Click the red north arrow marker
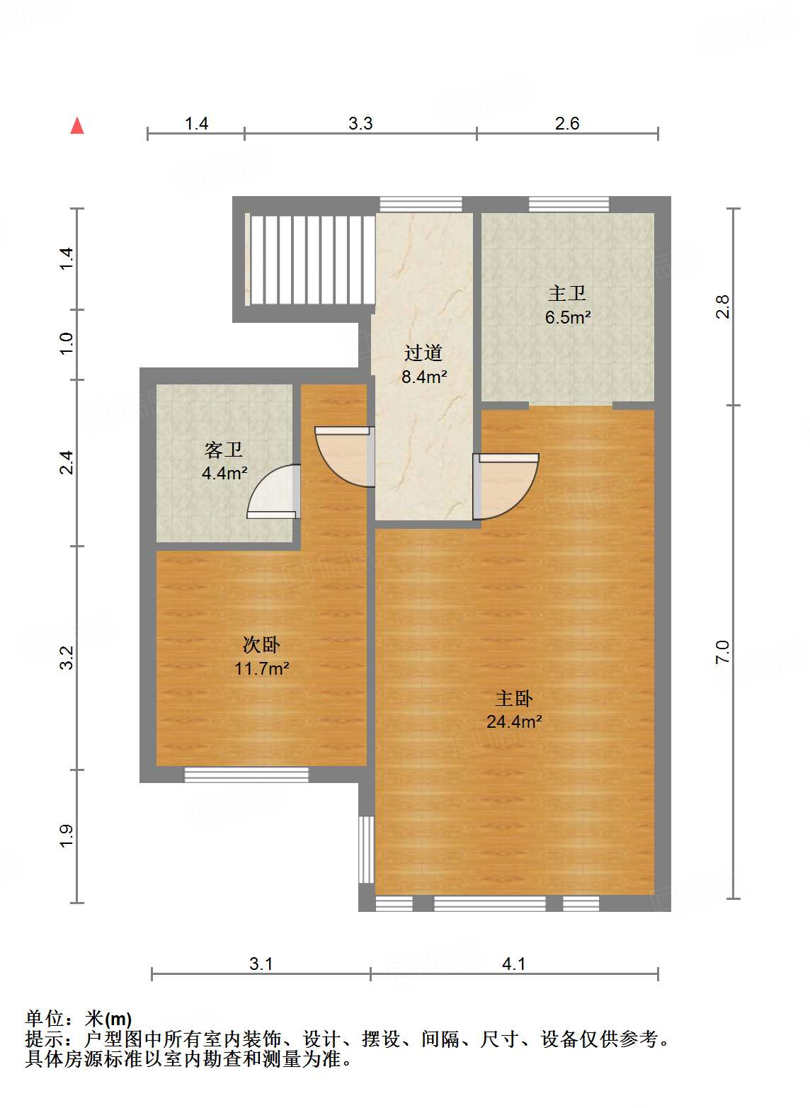77,126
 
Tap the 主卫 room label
567,293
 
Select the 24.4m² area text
514,722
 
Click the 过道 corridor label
423,353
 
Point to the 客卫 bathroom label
224,450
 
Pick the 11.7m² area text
261,668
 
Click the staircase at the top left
311,259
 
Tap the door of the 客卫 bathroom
275,492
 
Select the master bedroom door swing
506,486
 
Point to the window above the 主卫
569,205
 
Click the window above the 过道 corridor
421,205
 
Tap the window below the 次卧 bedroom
246,775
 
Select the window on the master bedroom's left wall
366,850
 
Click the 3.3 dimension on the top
360,124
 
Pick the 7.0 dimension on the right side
722,651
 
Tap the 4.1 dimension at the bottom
513,964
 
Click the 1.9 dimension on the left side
66,835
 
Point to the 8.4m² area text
424,377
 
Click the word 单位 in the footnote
45,1019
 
